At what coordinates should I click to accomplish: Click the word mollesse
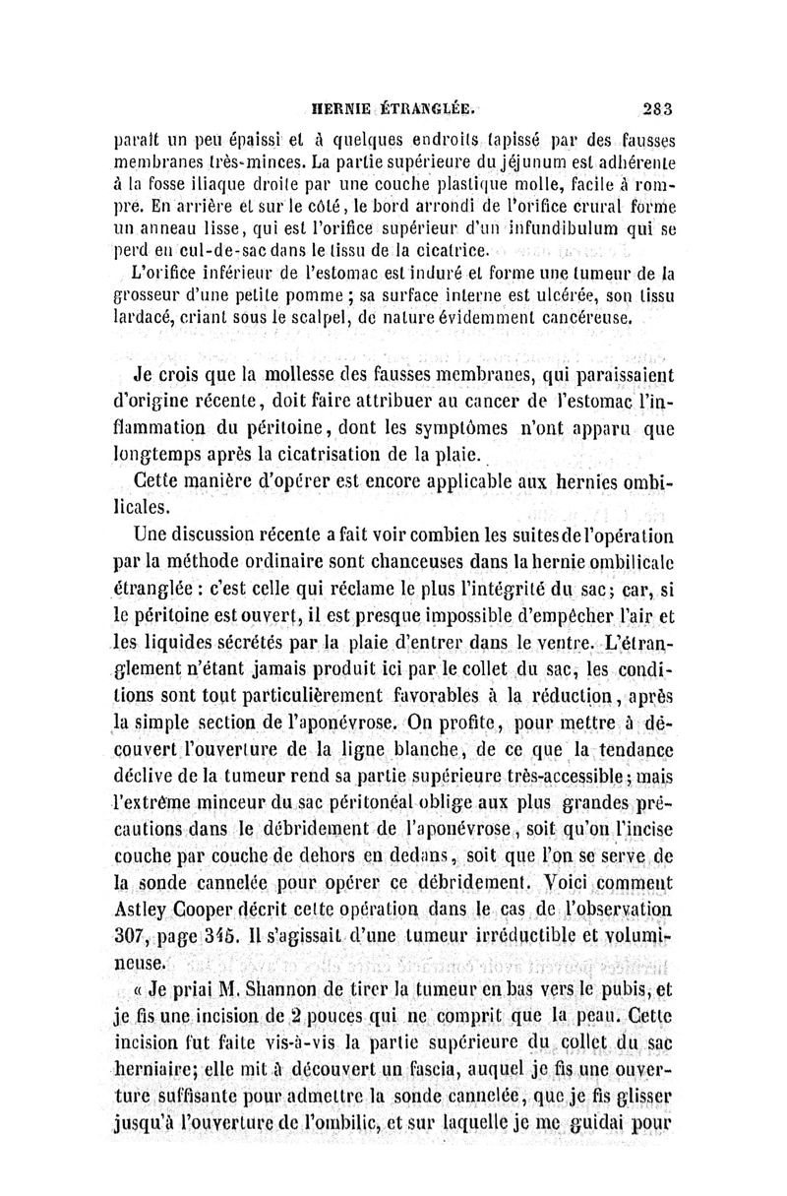278,378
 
